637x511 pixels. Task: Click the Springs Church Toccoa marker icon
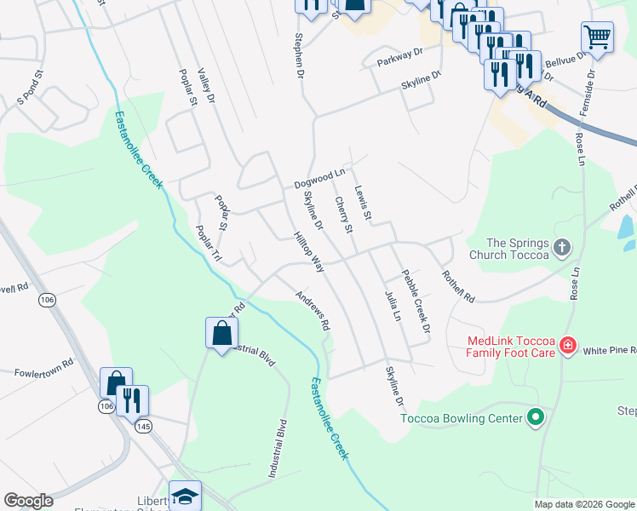[561, 248]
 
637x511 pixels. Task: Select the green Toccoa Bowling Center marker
[536, 418]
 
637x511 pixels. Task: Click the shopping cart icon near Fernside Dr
[597, 37]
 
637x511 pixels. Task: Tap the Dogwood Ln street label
[319, 178]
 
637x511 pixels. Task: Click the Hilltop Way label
[308, 252]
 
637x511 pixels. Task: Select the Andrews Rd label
[313, 311]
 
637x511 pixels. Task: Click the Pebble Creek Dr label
[416, 301]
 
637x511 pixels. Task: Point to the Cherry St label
[343, 215]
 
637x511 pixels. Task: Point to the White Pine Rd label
[610, 349]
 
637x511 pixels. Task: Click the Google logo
[29, 501]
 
